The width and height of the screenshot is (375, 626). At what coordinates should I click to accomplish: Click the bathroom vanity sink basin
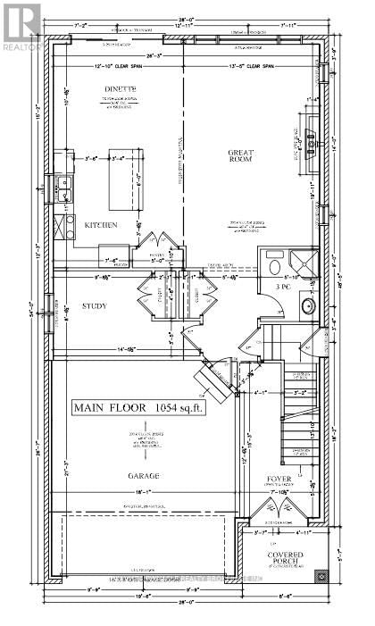(307, 306)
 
